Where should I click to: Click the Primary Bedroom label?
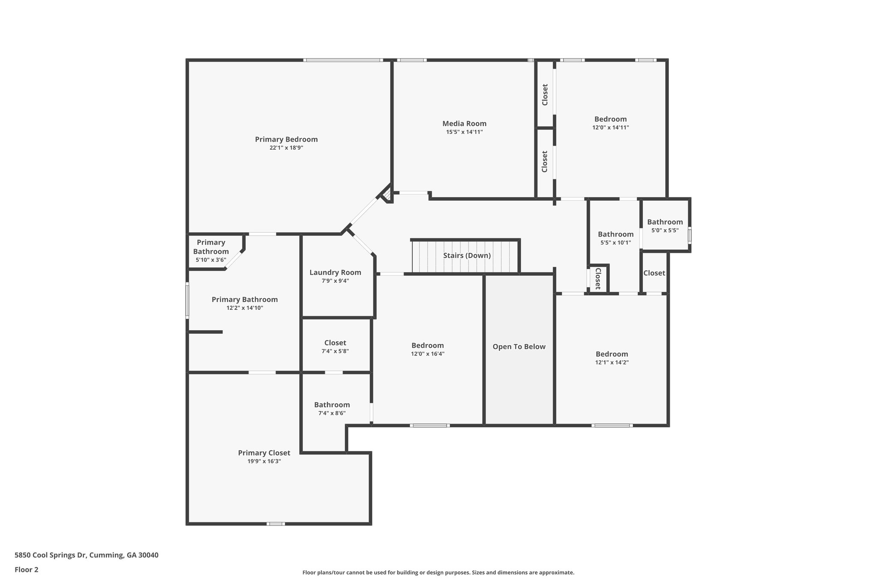[x=286, y=139]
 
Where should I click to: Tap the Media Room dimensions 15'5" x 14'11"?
[x=464, y=132]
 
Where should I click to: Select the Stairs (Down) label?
[x=467, y=255]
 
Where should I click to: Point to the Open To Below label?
[x=519, y=347]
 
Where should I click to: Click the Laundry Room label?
[x=335, y=273]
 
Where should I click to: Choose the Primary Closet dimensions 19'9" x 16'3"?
[x=264, y=461]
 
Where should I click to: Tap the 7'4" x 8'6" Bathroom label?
[x=332, y=405]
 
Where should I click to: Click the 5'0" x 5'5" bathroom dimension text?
[x=665, y=230]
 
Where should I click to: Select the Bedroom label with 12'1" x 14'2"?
[x=612, y=354]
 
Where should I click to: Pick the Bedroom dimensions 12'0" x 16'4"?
[x=427, y=354]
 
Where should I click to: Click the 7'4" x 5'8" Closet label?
[x=335, y=343]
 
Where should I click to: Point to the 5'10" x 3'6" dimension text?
[x=211, y=260]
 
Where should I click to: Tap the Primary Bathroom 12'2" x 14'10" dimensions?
[x=245, y=308]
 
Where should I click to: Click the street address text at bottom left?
[x=87, y=555]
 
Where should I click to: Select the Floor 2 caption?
[x=27, y=569]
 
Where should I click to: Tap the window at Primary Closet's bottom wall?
[x=275, y=524]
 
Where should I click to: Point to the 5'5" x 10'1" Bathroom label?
[x=616, y=234]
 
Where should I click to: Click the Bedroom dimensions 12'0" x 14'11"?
[x=611, y=127]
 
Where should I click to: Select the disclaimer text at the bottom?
[x=438, y=572]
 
